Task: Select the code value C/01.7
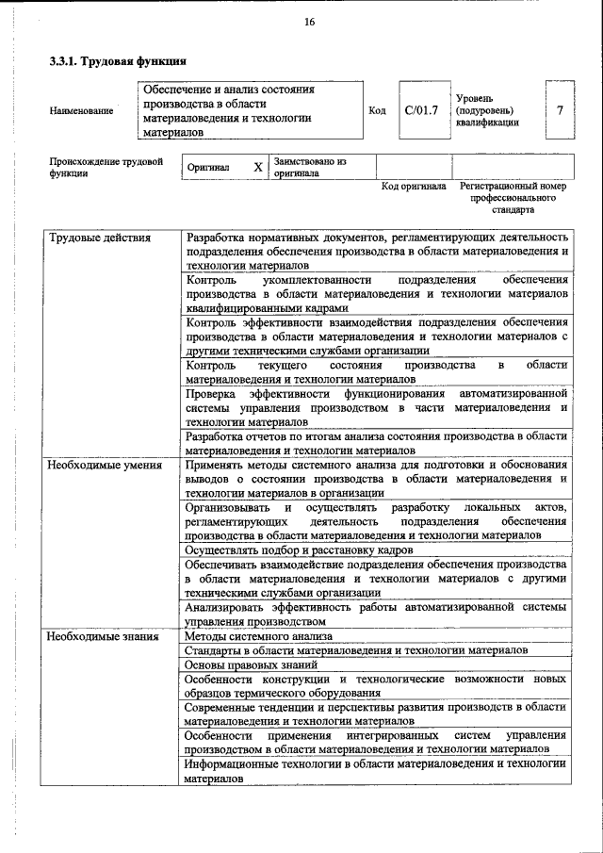(422, 110)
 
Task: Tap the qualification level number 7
(561, 110)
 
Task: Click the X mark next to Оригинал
(258, 167)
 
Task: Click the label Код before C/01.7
(377, 111)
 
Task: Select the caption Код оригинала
(414, 188)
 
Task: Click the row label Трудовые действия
(100, 238)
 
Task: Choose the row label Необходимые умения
(106, 465)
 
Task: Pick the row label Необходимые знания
(104, 636)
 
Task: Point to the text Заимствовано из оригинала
(311, 168)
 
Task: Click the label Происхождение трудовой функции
(100, 168)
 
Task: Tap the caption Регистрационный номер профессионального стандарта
(513, 198)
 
